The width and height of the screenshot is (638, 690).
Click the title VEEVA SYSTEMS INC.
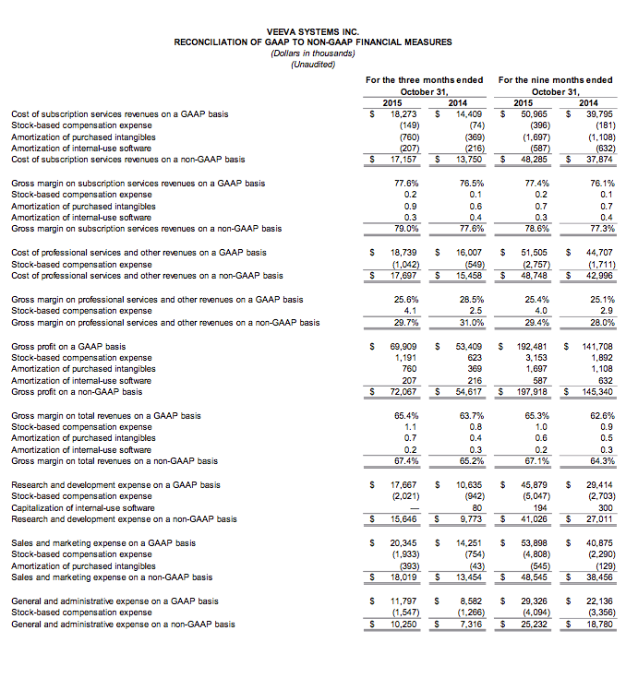click(x=312, y=31)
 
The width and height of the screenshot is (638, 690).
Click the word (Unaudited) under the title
click(x=312, y=64)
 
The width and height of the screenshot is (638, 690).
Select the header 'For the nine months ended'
click(x=554, y=80)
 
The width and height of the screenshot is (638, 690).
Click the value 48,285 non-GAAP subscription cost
click(x=534, y=159)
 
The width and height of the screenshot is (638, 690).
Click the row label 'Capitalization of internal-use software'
click(x=82, y=507)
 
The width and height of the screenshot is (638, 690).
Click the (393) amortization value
click(x=408, y=565)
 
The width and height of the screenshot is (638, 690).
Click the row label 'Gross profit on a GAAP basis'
click(x=68, y=347)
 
